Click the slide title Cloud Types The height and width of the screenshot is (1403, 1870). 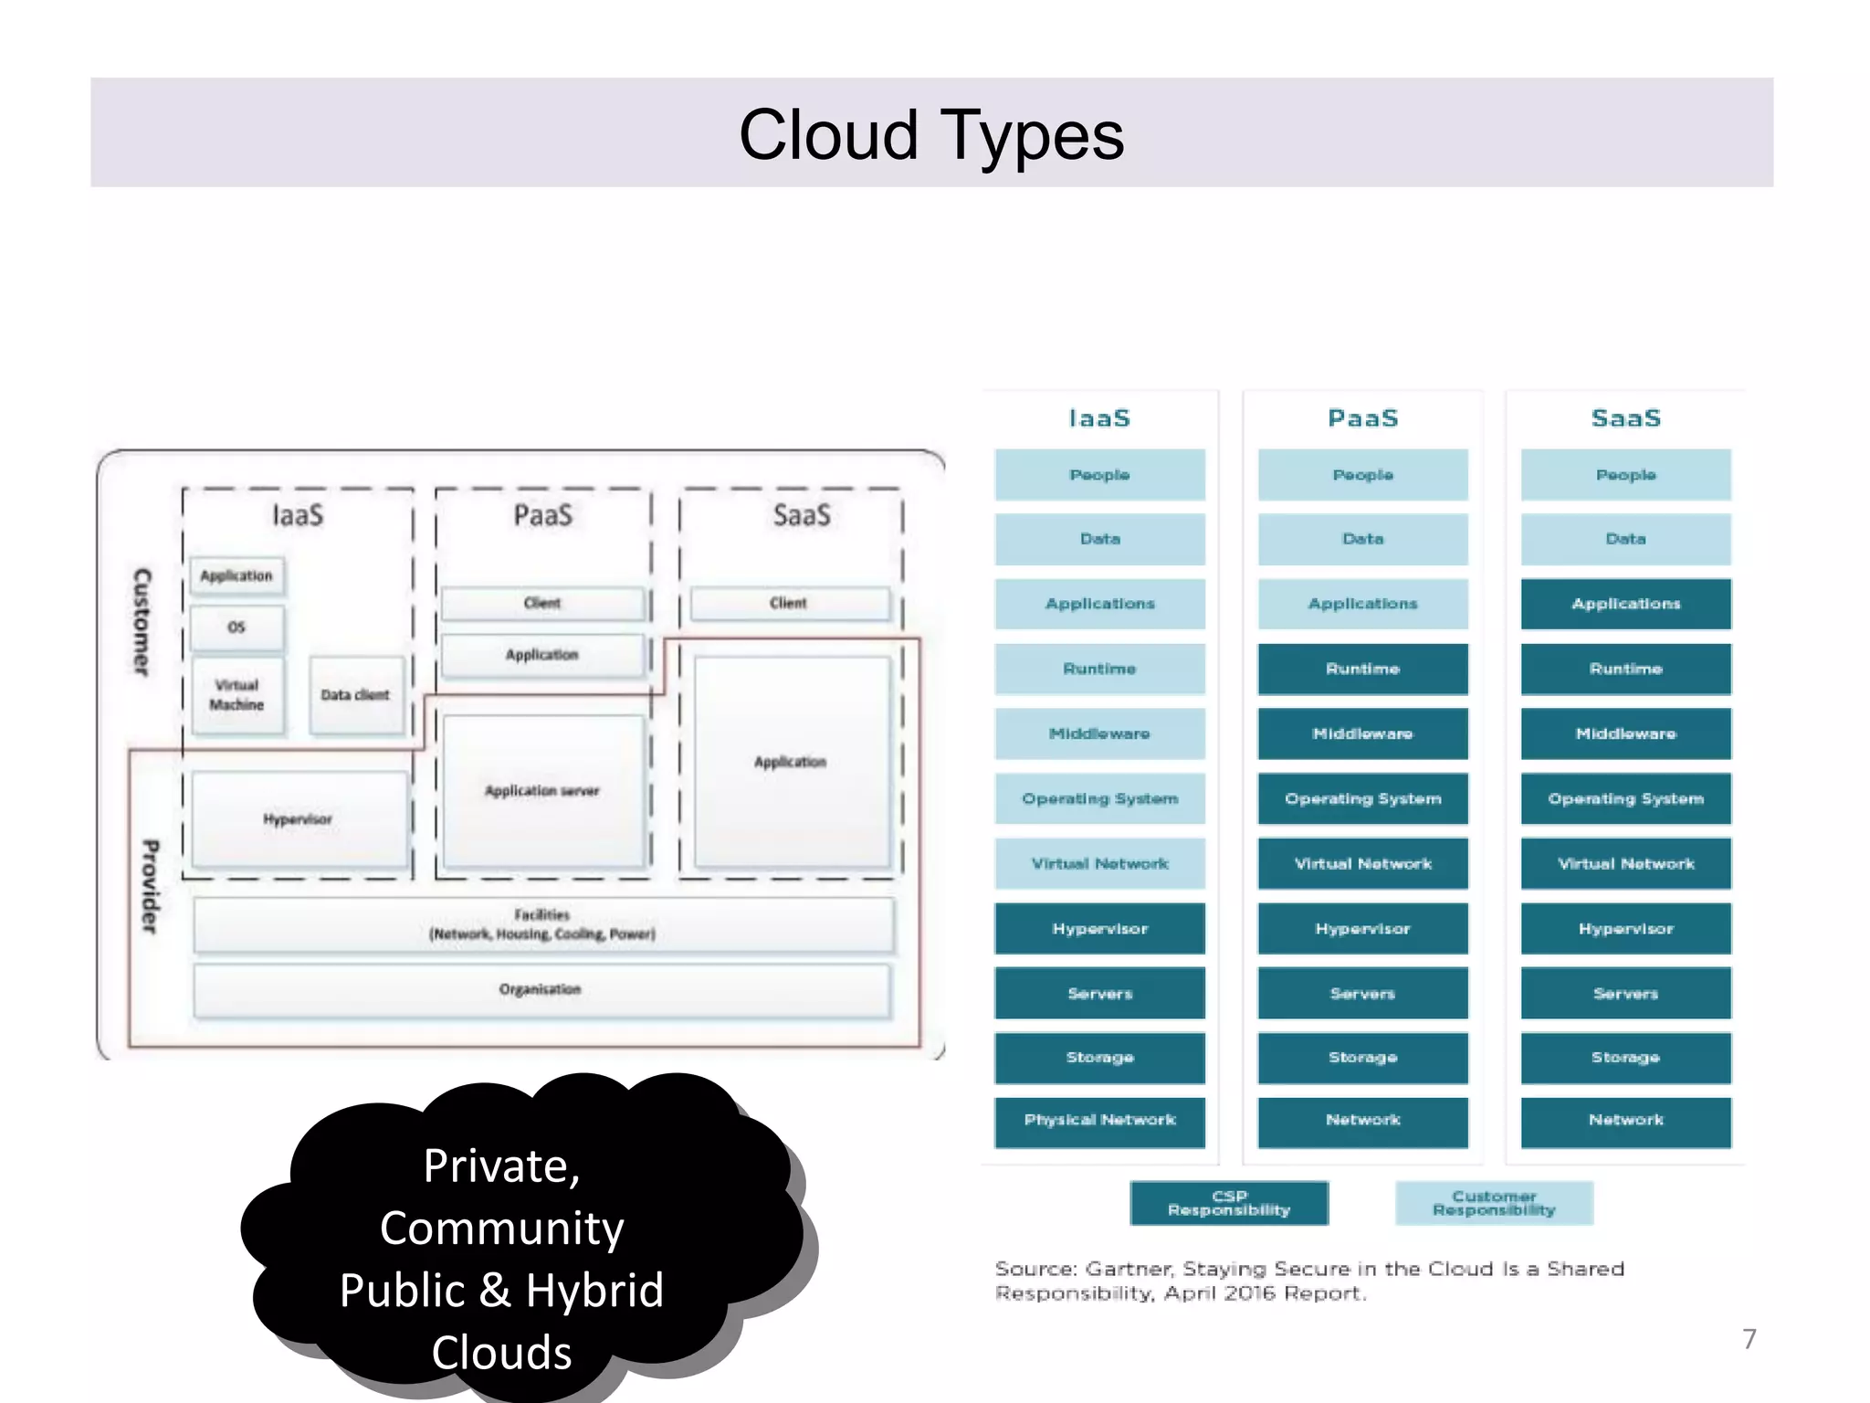tap(930, 135)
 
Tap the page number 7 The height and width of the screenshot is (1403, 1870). tap(1749, 1338)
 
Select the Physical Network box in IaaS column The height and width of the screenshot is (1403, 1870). tap(1099, 1121)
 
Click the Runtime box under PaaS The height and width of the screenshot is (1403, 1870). tap(1362, 669)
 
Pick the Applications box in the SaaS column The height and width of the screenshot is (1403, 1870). tap(1625, 604)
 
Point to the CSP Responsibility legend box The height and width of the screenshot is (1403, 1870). tap(1229, 1203)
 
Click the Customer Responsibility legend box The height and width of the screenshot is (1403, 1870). tap(1494, 1203)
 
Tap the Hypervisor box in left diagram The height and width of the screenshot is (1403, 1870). tap(299, 819)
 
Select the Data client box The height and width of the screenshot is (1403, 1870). tap(355, 695)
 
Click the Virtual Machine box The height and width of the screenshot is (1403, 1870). tap(236, 695)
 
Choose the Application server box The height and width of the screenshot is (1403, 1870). tap(542, 791)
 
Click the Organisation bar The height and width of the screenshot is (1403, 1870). tap(541, 990)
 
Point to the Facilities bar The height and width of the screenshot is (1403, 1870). tap(542, 924)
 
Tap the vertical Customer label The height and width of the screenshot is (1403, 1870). tap(142, 622)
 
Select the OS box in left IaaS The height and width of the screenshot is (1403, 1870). tap(236, 628)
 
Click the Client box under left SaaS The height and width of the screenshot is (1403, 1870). tap(789, 603)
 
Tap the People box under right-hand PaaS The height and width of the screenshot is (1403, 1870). tap(1362, 475)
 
